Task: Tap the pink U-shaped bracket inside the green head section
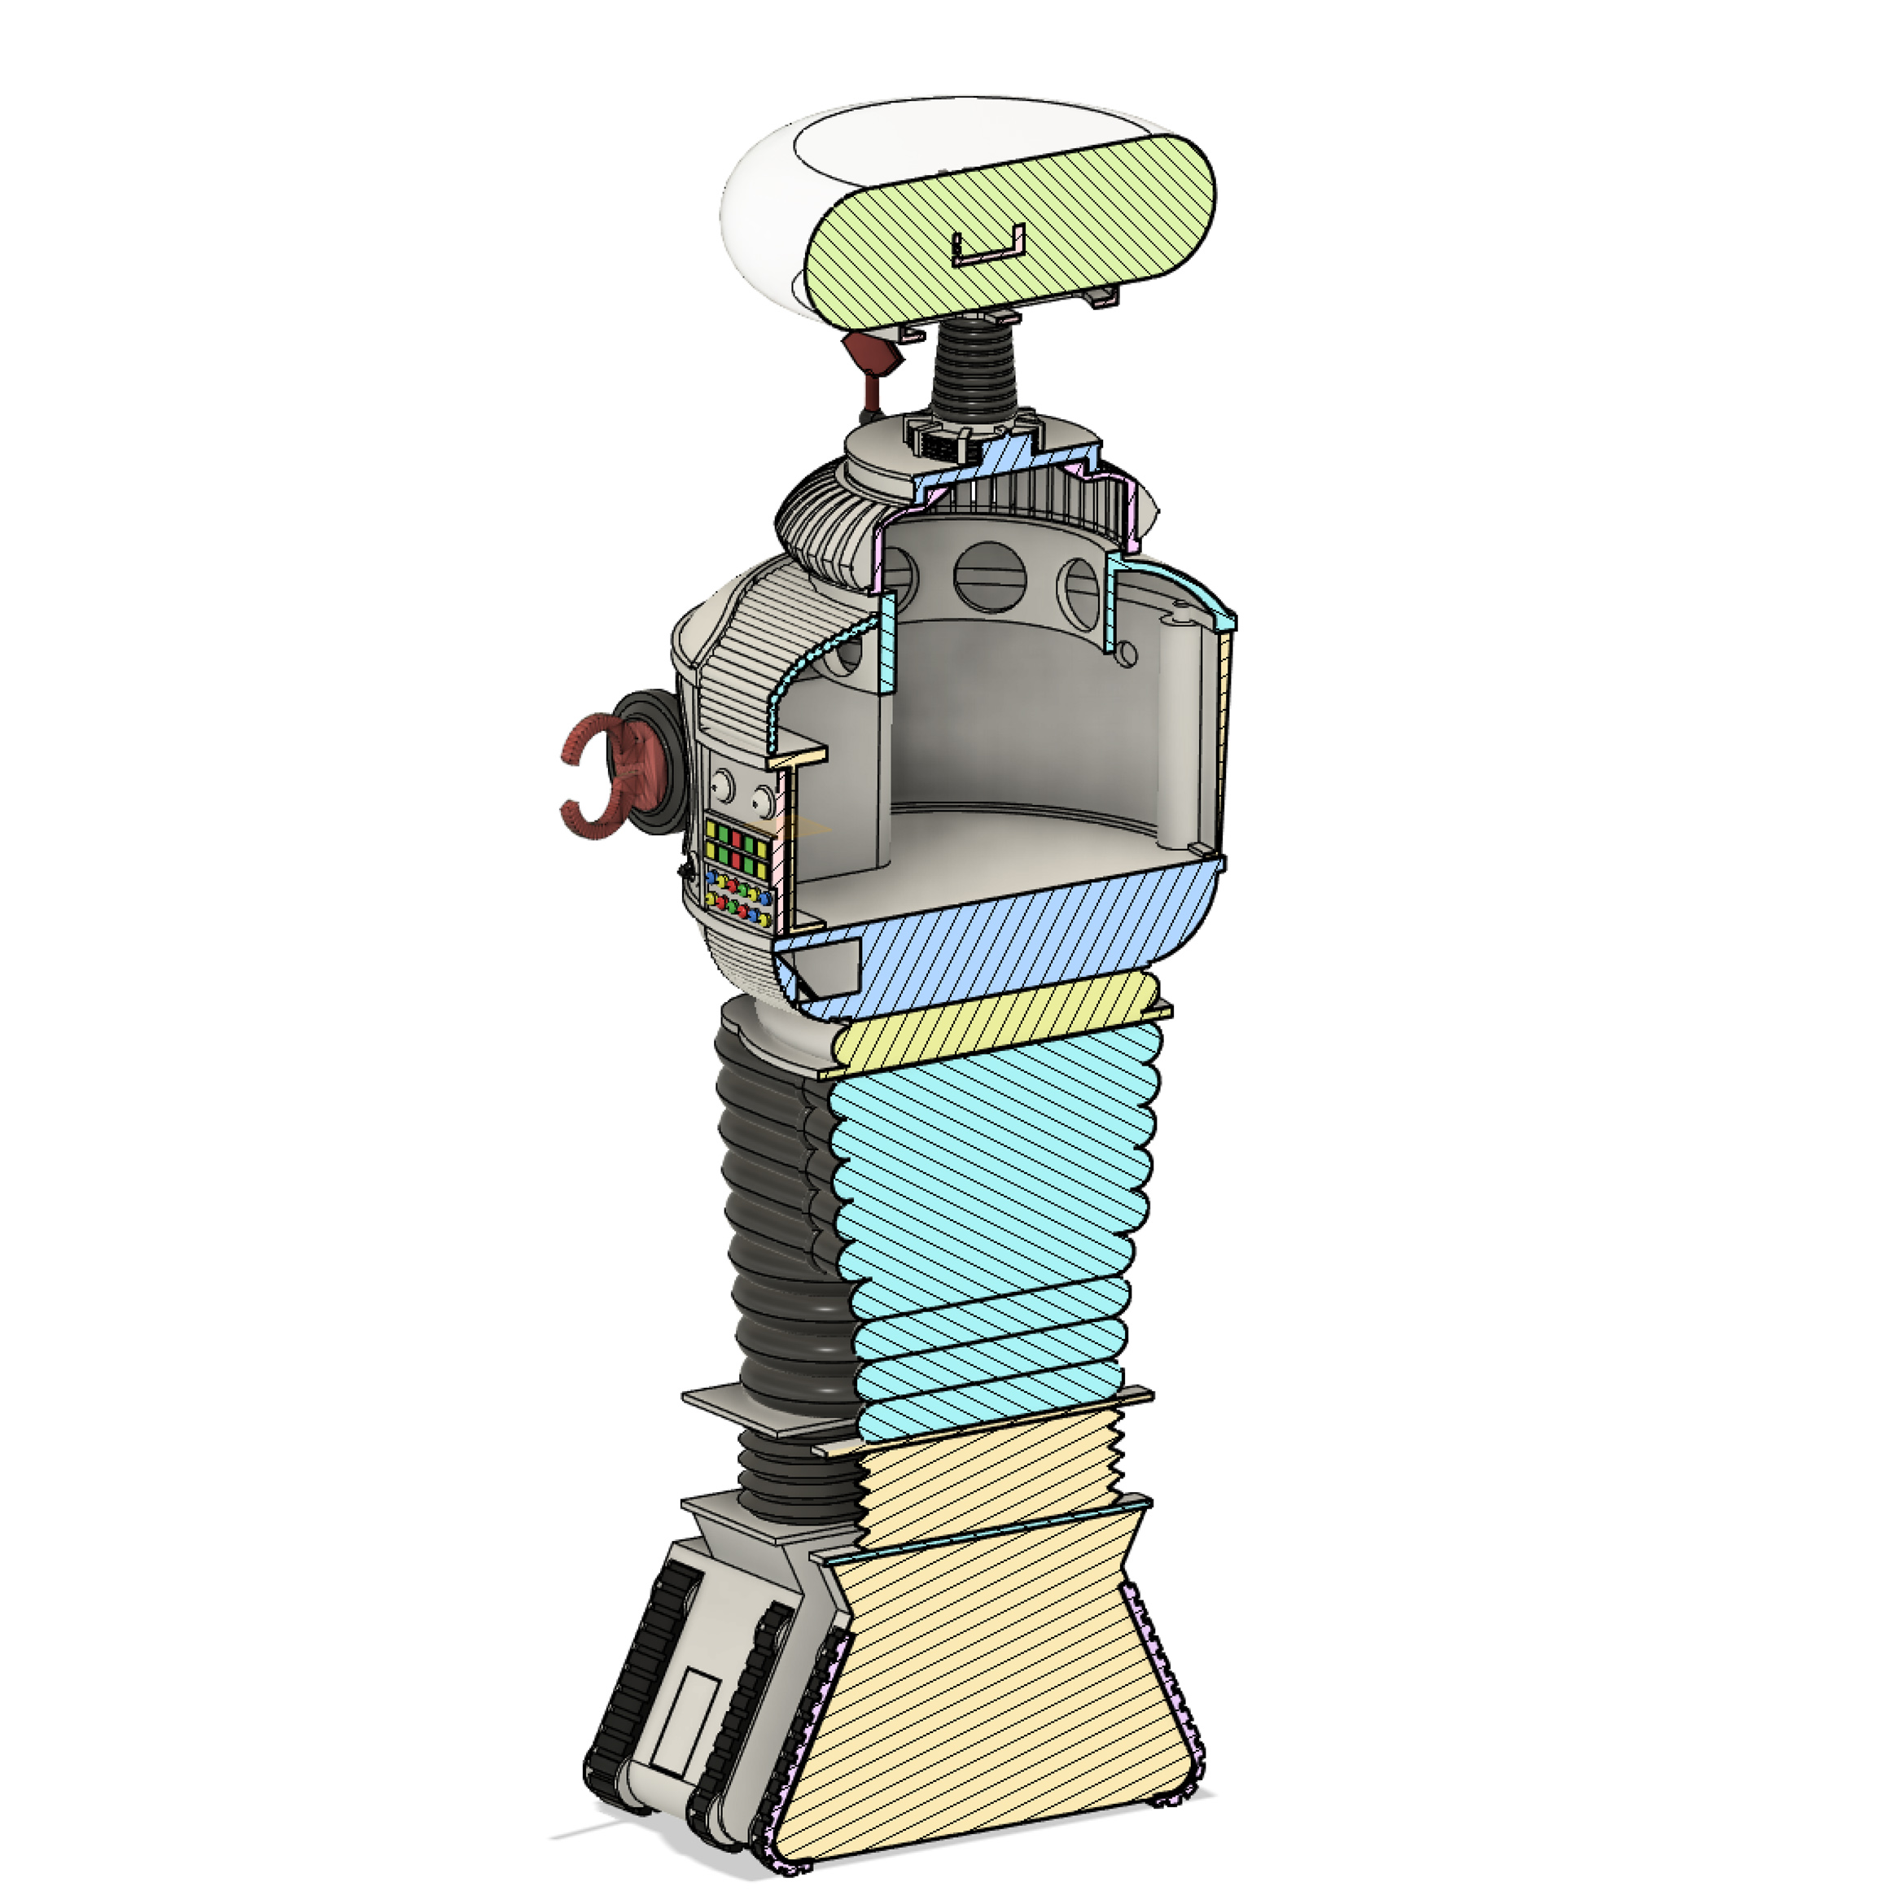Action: point(988,247)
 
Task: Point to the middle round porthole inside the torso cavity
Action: point(991,575)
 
